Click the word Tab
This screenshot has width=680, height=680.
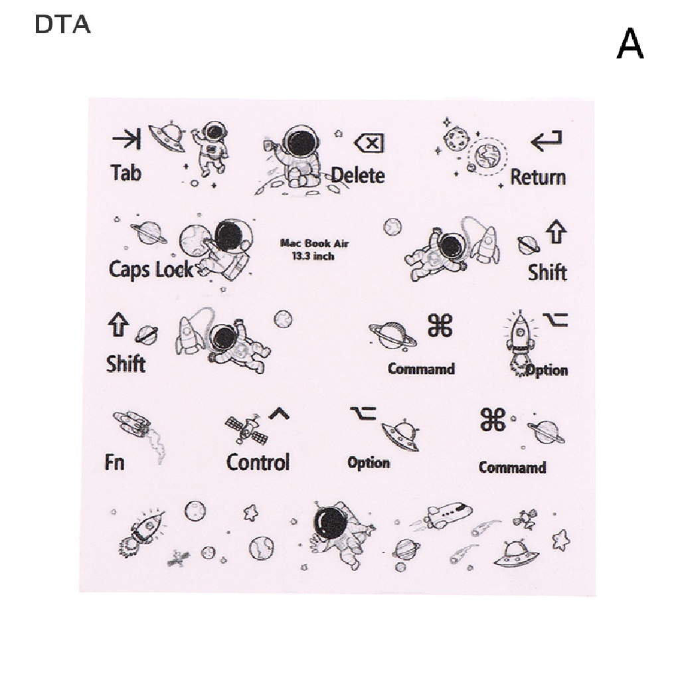126,173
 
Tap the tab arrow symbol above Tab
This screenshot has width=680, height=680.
126,138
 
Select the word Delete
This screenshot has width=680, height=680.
358,175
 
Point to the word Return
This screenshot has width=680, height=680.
538,177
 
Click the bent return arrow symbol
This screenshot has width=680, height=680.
547,141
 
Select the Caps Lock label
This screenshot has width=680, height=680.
151,270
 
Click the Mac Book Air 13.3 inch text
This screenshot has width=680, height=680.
314,250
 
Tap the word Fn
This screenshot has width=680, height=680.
114,462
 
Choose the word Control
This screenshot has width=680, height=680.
258,462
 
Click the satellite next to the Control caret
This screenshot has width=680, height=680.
246,430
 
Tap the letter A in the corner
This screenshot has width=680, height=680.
630,44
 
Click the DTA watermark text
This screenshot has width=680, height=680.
62,25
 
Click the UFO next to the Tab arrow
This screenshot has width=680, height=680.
168,136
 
